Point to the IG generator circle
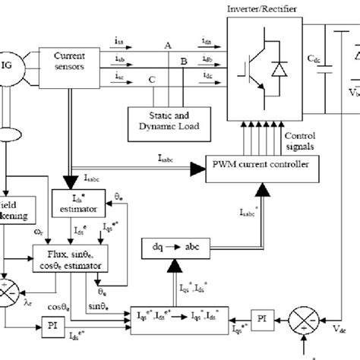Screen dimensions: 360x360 (7, 62)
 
